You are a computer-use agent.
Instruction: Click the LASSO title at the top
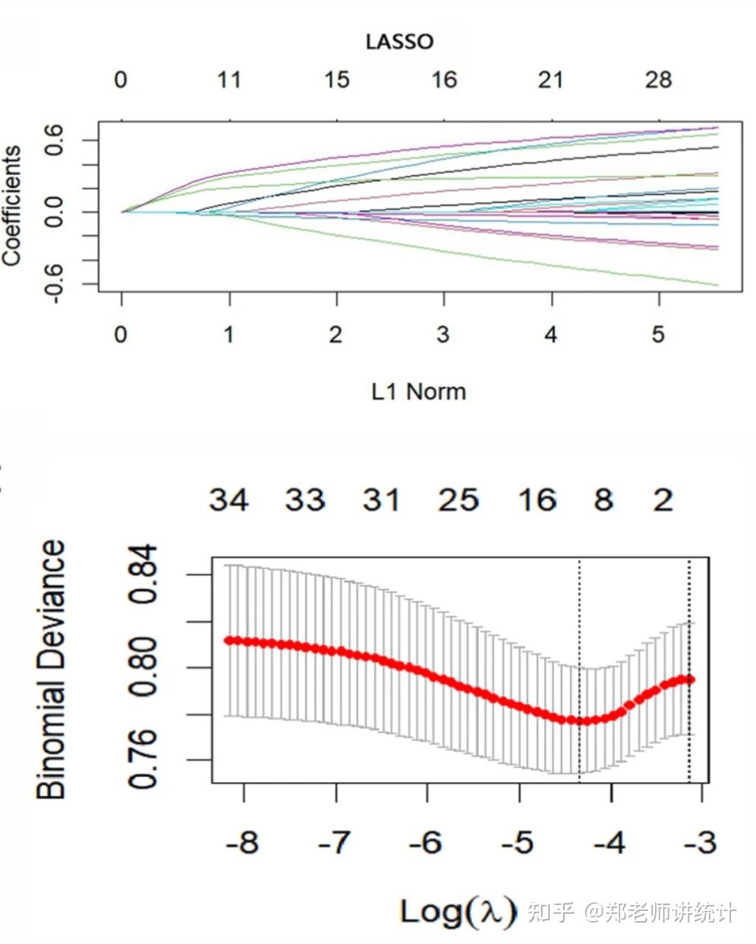[400, 42]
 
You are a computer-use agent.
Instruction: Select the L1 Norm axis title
[418, 391]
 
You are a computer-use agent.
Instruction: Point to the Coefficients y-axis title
[12, 206]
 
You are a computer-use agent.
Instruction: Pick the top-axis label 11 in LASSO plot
[229, 80]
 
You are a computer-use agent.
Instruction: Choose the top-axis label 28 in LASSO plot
[658, 80]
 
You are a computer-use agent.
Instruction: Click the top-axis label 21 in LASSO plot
[551, 80]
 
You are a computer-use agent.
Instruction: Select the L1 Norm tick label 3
[443, 335]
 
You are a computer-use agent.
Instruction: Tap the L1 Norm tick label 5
[657, 335]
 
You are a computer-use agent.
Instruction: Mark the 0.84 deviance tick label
[142, 574]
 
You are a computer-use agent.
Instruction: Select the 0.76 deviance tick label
[142, 759]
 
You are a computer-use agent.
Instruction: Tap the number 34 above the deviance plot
[229, 500]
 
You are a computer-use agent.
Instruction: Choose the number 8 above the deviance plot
[604, 500]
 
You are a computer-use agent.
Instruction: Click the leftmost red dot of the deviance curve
[228, 640]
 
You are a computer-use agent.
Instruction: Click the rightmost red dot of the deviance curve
[690, 679]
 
